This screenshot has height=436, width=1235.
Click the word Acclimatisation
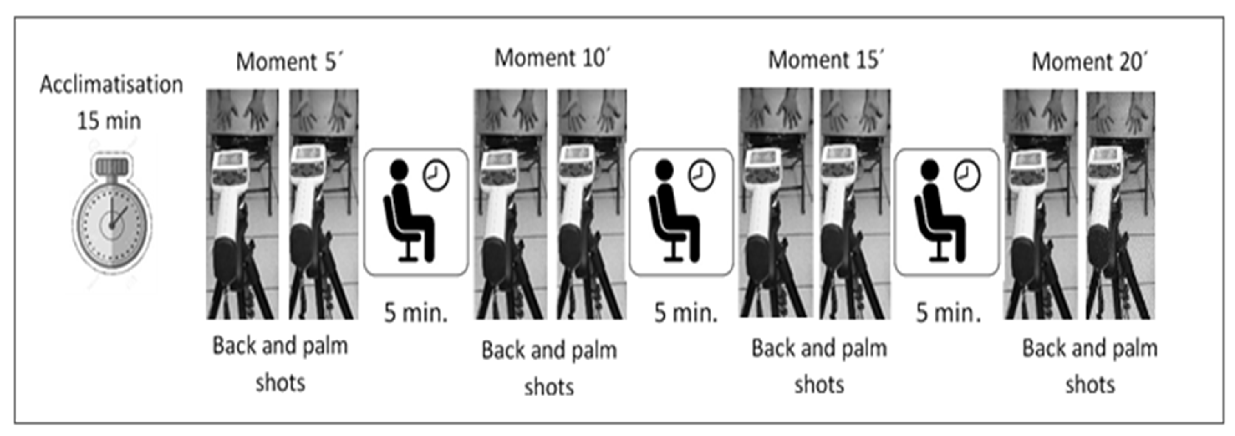(111, 85)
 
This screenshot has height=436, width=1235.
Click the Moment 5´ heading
(289, 62)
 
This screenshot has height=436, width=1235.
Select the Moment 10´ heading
(552, 58)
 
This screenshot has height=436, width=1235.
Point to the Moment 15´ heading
(826, 60)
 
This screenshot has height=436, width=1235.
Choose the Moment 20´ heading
(1089, 62)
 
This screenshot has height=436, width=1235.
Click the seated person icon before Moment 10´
(409, 212)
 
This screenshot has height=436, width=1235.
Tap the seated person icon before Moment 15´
(674, 212)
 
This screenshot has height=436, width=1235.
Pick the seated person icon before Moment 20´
(940, 212)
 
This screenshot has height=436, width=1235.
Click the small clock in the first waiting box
(436, 175)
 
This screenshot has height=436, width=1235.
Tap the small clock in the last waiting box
(967, 175)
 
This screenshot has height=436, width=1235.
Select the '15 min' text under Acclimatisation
(109, 121)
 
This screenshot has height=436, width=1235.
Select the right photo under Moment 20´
(1120, 205)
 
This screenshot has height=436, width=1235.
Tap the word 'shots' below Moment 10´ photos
(549, 387)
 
